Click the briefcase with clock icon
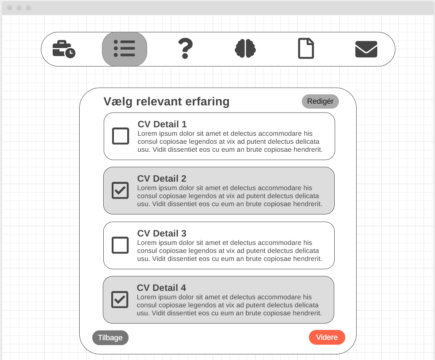64,49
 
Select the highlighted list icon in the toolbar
124,49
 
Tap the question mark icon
185,48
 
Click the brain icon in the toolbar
245,48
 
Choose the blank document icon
306,48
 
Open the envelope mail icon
366,49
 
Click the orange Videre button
327,337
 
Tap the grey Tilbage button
110,338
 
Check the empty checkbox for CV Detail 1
121,136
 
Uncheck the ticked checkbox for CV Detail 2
120,190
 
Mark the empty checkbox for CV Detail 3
120,245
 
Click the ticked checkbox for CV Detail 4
120,300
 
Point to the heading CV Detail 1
162,124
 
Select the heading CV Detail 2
162,178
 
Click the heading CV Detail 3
162,233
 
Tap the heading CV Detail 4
161,287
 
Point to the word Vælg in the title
118,102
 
